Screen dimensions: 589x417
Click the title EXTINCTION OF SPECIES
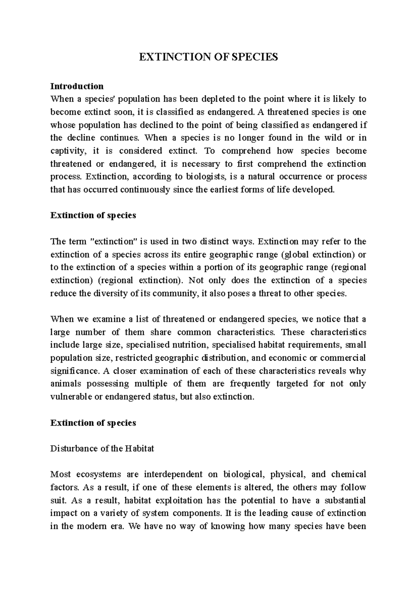[x=208, y=57]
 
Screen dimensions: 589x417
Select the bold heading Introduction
[x=77, y=86]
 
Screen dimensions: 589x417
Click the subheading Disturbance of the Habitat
[x=102, y=449]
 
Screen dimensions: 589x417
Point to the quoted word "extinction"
[x=114, y=241]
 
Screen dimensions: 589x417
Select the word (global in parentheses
[x=294, y=254]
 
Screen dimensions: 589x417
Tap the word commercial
[x=343, y=358]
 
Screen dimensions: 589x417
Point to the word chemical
[x=349, y=474]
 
